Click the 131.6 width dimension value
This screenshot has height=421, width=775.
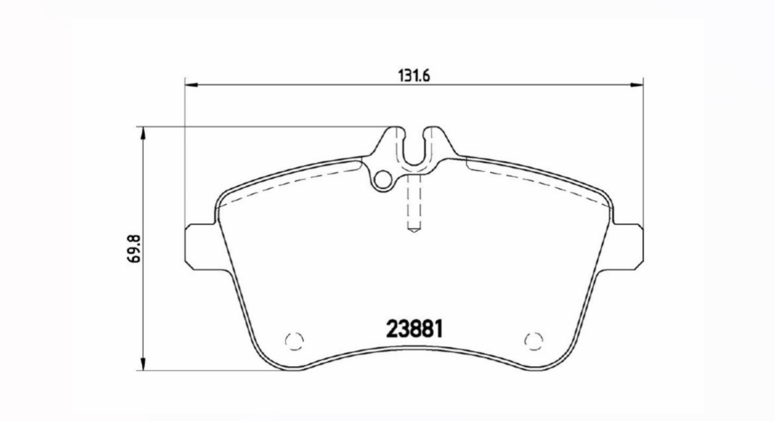(x=413, y=75)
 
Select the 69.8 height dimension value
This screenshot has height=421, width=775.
(x=132, y=248)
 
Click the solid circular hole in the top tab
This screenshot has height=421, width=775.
(x=382, y=179)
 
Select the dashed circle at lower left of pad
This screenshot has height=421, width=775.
(x=294, y=340)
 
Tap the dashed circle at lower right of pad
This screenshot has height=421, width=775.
(x=532, y=340)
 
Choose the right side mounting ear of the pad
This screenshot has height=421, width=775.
(x=629, y=247)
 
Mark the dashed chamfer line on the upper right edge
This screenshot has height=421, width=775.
(x=534, y=181)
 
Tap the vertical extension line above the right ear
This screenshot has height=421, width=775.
(x=643, y=154)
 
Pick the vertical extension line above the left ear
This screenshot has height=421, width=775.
(x=184, y=154)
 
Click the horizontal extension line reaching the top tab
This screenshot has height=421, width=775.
(x=267, y=127)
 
